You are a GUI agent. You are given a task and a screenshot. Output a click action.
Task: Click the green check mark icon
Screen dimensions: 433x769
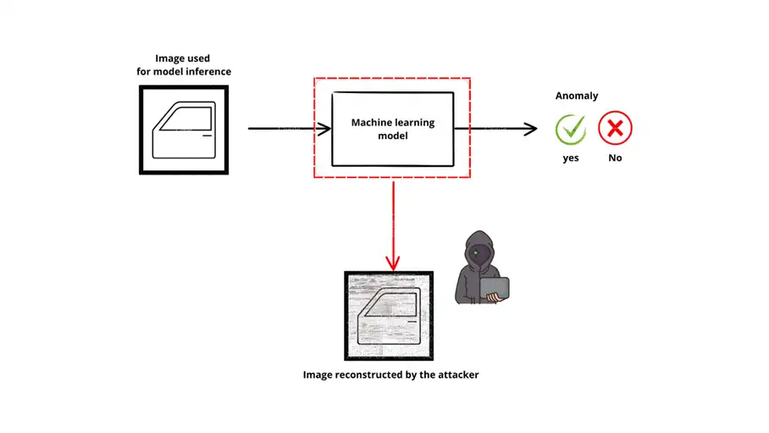(x=571, y=130)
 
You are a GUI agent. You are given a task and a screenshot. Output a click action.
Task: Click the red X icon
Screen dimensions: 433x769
(x=615, y=130)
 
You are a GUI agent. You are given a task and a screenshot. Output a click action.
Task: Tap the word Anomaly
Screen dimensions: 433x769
(x=576, y=96)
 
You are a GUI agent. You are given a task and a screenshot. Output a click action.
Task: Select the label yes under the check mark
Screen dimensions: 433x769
(x=571, y=158)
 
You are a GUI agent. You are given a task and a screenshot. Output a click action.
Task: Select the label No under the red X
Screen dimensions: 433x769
(x=615, y=158)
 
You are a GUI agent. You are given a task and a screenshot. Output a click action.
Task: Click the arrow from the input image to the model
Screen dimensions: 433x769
(x=288, y=129)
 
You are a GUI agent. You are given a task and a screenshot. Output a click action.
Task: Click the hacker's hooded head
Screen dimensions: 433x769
(x=478, y=249)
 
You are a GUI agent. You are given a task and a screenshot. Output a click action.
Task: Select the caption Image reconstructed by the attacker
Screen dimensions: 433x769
(x=390, y=374)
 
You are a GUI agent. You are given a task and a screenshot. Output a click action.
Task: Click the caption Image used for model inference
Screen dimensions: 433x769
(x=184, y=64)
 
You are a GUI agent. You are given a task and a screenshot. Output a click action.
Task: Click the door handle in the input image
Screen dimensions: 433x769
(x=206, y=135)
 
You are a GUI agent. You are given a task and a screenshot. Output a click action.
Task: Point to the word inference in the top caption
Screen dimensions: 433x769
(x=207, y=71)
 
